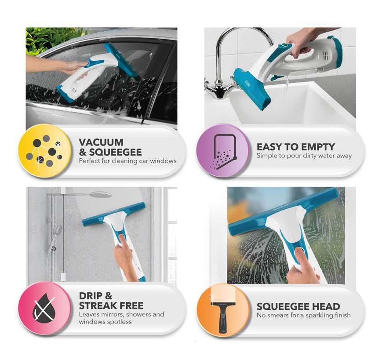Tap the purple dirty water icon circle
point(223,150)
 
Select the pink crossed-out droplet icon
point(44,308)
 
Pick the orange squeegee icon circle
point(223,310)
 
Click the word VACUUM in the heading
point(101,142)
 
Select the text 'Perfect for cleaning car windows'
point(127,161)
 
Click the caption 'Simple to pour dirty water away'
point(304,156)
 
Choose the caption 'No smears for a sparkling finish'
point(304,315)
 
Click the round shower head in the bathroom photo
point(101,195)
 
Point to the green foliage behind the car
point(51,39)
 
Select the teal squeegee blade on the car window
point(121,59)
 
